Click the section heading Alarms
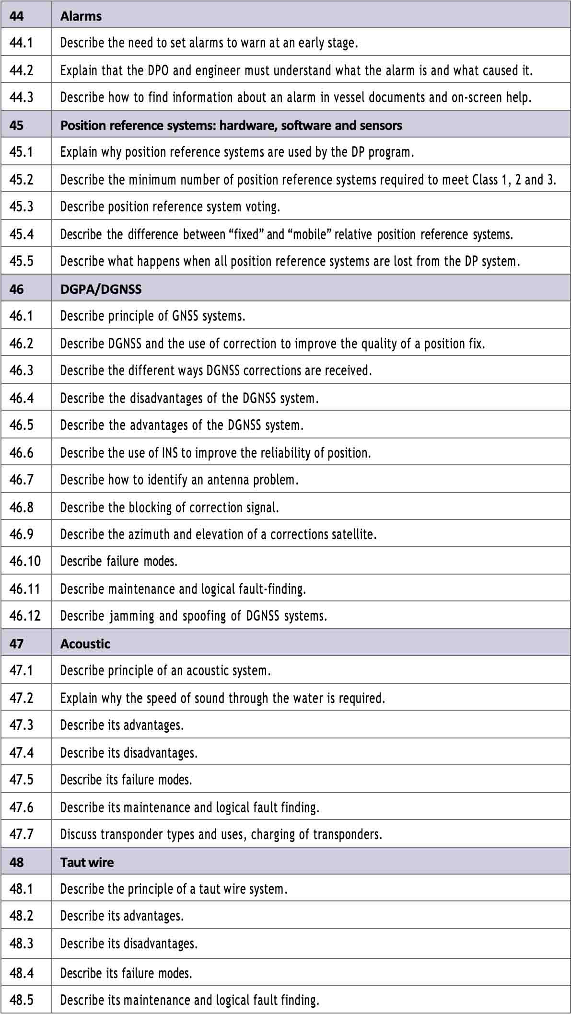coord(81,16)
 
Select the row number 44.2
coord(22,70)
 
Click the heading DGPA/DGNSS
coord(101,289)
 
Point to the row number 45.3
coord(22,207)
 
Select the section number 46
coord(16,289)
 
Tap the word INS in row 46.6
coord(170,453)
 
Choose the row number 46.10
coord(25,561)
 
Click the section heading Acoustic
coord(85,644)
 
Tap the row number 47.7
coord(22,834)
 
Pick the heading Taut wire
coord(87,862)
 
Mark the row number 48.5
coord(22,1000)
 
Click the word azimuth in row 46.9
coord(150,534)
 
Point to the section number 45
coord(16,125)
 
